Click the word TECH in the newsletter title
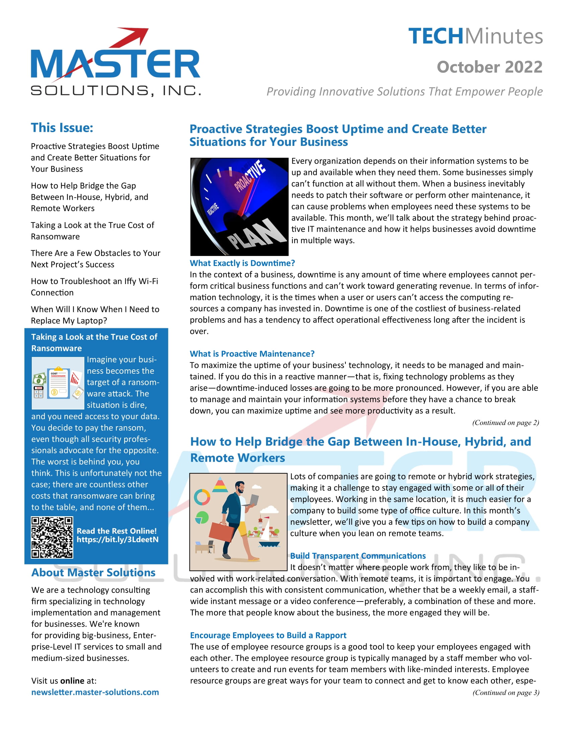click(x=436, y=36)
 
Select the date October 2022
click(x=489, y=67)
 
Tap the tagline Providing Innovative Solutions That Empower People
click(x=405, y=91)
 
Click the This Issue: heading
click(x=62, y=128)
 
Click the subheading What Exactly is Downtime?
click(x=242, y=263)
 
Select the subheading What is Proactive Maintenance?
click(x=252, y=354)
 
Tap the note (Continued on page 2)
click(x=505, y=423)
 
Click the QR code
click(x=52, y=537)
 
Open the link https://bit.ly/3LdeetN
click(x=117, y=540)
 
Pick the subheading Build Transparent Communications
click(x=358, y=556)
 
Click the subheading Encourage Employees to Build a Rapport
click(x=268, y=635)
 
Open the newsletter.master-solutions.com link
click(x=95, y=692)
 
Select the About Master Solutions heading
click(x=93, y=572)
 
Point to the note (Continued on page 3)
click(x=506, y=693)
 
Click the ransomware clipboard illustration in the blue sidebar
click(x=58, y=383)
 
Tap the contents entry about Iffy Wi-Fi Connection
click(x=94, y=287)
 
